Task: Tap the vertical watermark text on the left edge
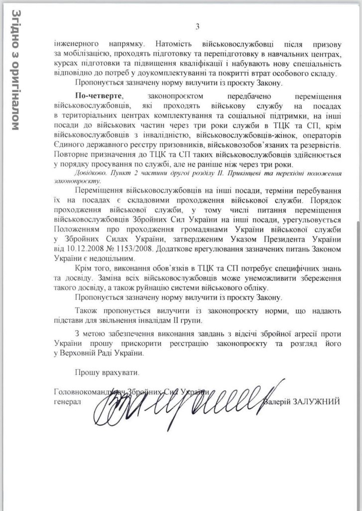click(x=15, y=70)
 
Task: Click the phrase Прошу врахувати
click(x=104, y=372)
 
